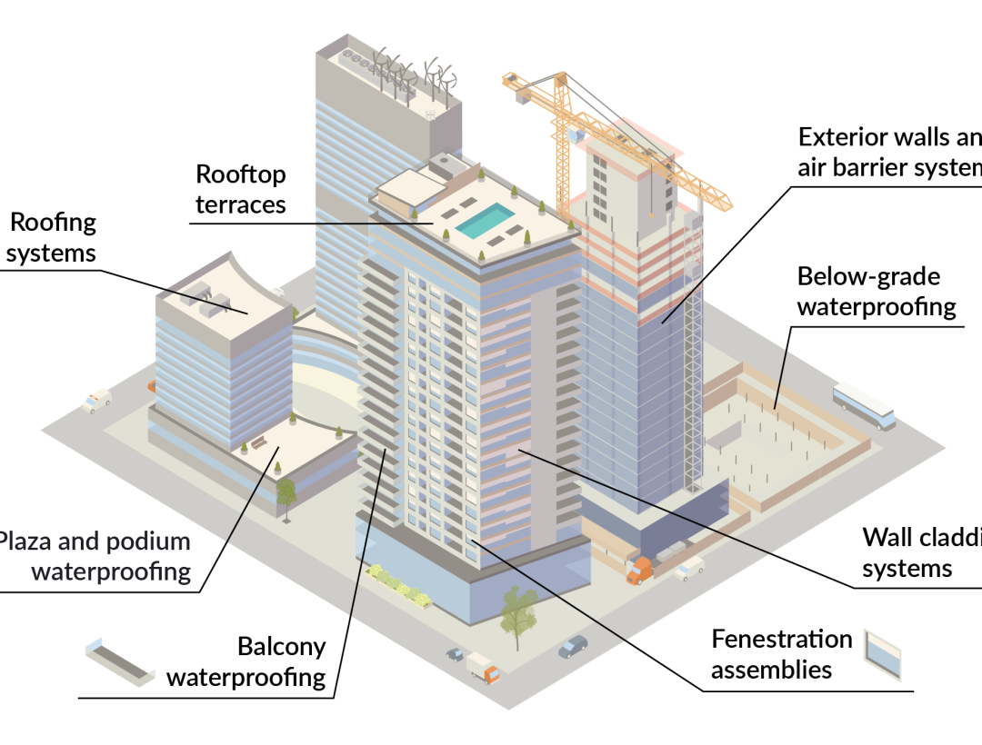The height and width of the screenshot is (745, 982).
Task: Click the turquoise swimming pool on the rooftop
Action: click(x=485, y=221)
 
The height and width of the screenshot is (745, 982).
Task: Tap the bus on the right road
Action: click(x=864, y=406)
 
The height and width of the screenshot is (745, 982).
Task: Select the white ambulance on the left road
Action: click(x=96, y=401)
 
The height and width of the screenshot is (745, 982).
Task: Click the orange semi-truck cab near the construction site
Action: click(x=639, y=571)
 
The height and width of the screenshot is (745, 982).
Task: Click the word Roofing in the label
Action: click(x=53, y=223)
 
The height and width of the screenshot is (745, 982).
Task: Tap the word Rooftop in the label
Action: click(x=241, y=174)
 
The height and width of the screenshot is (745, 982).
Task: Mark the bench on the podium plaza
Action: click(x=258, y=443)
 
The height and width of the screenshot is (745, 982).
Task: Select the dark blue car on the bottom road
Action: click(x=573, y=646)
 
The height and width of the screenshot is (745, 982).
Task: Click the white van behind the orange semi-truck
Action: click(x=689, y=569)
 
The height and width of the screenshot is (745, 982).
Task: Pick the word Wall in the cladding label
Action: click(x=887, y=537)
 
